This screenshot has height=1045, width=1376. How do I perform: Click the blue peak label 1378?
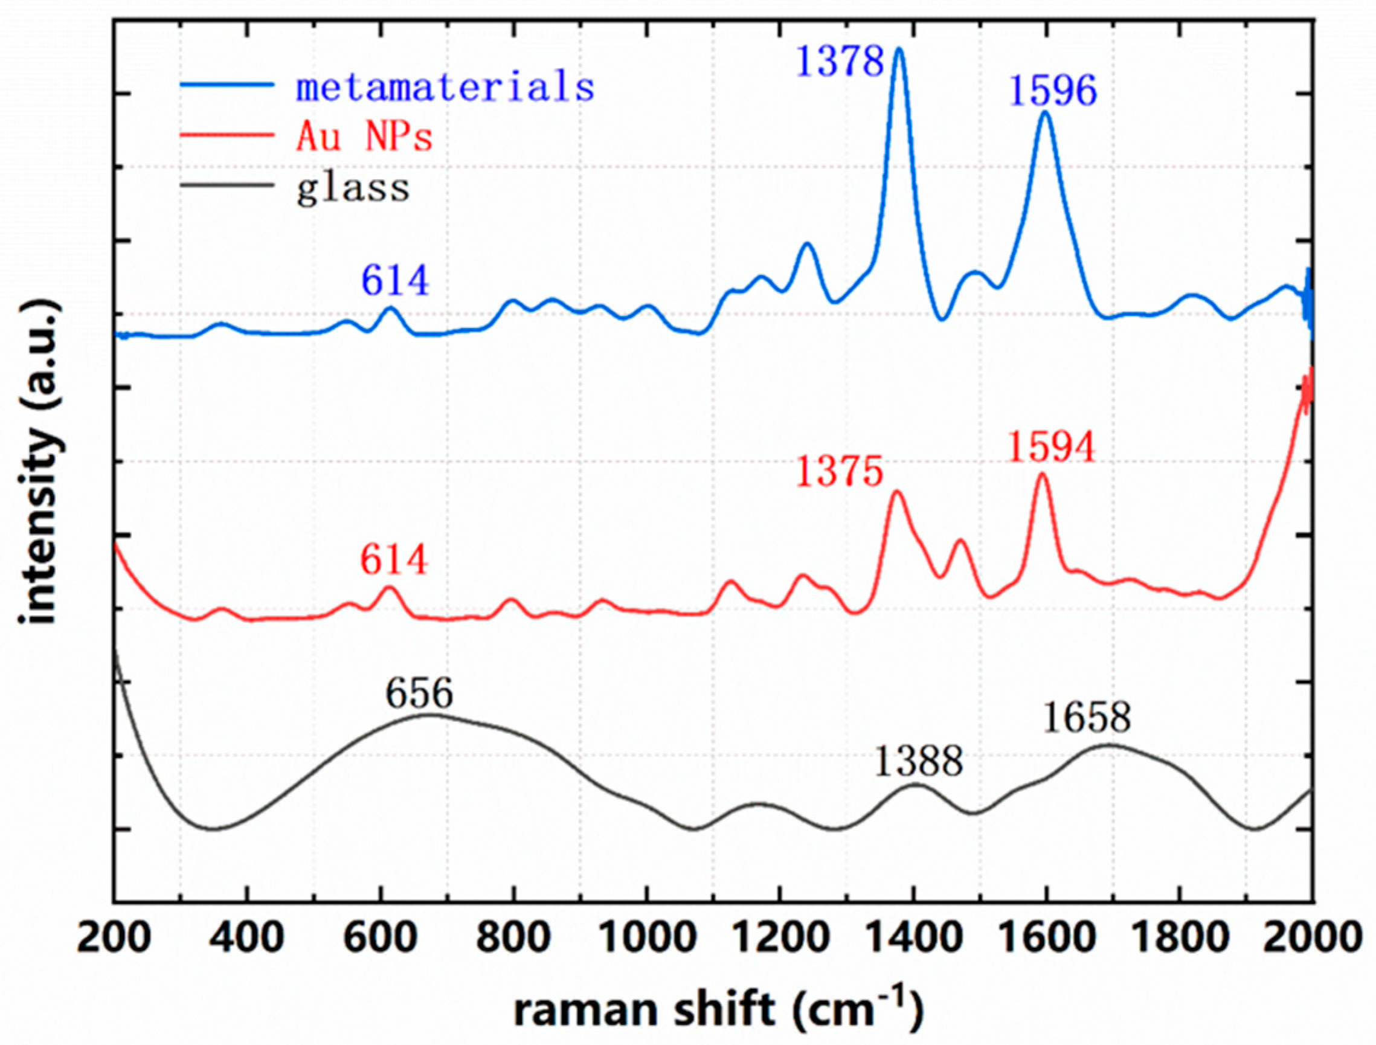click(x=840, y=62)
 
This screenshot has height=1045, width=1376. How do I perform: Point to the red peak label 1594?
click(x=1051, y=448)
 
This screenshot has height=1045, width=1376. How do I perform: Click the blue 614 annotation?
click(x=396, y=280)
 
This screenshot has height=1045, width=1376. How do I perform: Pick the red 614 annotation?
click(x=394, y=561)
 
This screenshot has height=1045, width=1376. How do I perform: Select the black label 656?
click(x=419, y=694)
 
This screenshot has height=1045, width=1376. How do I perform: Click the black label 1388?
click(x=919, y=762)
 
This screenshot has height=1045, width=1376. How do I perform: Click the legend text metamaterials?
click(x=445, y=86)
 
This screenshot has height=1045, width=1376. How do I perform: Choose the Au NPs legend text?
click(x=364, y=137)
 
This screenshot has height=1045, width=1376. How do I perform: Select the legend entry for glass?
click(x=353, y=187)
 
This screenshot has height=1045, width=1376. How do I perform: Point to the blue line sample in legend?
click(x=228, y=85)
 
